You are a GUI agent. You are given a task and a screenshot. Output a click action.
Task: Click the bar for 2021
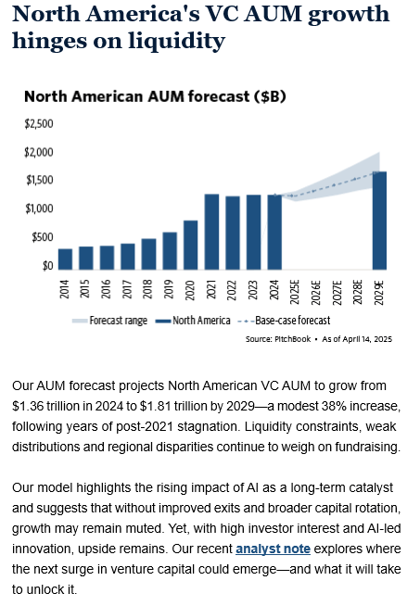click(x=211, y=232)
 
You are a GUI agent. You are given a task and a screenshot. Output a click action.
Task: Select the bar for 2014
click(x=65, y=259)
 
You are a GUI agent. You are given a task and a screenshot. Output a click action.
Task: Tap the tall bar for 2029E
click(x=379, y=221)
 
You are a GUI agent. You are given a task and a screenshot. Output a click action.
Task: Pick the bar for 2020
click(x=191, y=245)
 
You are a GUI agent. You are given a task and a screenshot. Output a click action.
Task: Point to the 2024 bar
click(x=274, y=232)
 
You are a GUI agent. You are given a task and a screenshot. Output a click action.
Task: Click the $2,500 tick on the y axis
click(x=39, y=123)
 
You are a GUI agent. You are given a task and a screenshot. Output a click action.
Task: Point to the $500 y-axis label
click(x=43, y=237)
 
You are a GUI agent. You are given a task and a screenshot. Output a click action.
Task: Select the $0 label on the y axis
click(x=48, y=266)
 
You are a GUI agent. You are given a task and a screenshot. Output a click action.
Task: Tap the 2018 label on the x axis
click(x=147, y=289)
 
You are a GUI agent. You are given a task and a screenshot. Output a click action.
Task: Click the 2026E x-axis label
click(x=316, y=293)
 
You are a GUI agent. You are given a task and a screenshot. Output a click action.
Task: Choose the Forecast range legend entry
click(x=109, y=321)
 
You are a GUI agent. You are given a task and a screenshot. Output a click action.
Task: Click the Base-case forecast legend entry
click(x=284, y=321)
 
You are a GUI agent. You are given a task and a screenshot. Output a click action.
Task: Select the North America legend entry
click(x=193, y=321)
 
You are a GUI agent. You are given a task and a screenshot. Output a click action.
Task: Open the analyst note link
click(x=273, y=549)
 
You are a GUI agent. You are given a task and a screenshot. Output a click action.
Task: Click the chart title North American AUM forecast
click(x=155, y=96)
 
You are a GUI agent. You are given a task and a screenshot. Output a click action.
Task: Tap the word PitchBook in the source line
click(x=292, y=339)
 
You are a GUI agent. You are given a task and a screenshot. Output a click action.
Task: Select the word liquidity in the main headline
click(x=177, y=41)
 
